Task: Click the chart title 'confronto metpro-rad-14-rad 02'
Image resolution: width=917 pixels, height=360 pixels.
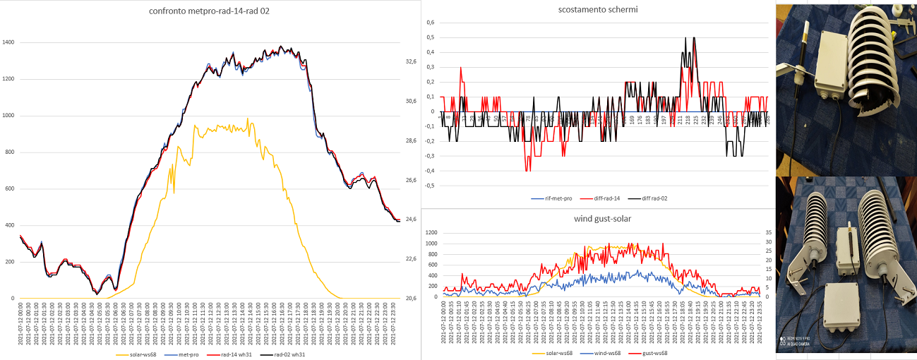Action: pyautogui.click(x=210, y=11)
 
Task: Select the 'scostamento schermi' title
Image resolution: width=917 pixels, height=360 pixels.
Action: pyautogui.click(x=597, y=10)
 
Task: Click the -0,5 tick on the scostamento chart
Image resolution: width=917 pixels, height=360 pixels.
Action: pyautogui.click(x=428, y=186)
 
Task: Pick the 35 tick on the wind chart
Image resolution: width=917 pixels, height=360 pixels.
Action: pyautogui.click(x=761, y=232)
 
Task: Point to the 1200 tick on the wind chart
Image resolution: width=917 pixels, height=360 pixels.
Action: pyautogui.click(x=431, y=232)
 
